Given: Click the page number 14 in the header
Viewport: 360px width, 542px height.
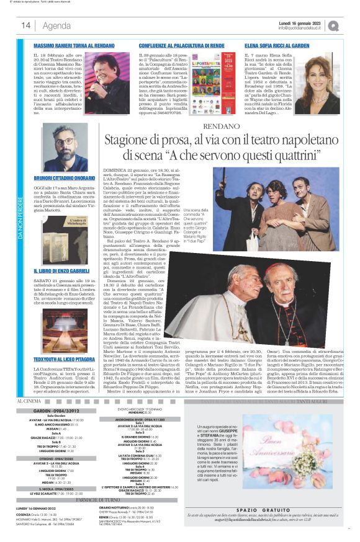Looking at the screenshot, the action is point(26,25).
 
